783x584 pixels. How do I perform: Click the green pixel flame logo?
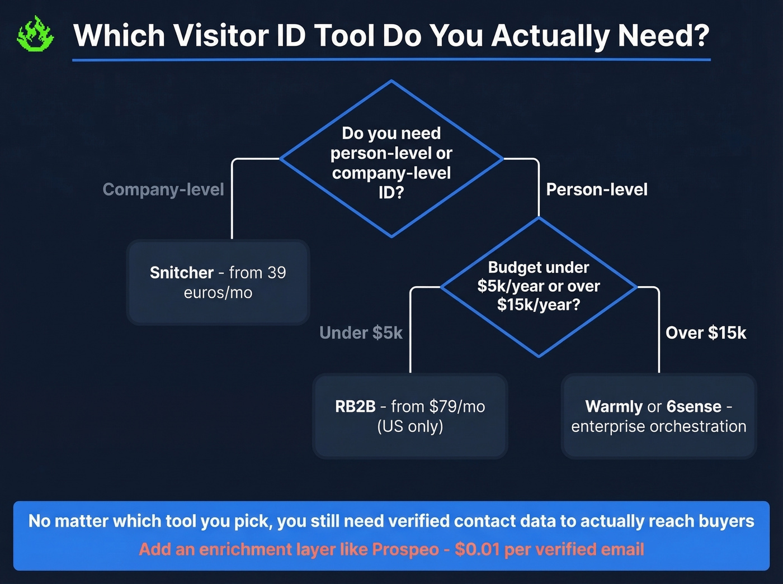[35, 35]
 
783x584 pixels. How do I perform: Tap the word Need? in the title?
[663, 35]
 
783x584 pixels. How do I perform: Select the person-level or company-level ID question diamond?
[391, 162]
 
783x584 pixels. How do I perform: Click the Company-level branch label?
[163, 189]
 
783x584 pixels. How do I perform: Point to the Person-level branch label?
[597, 189]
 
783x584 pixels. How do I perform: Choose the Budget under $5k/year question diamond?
[539, 286]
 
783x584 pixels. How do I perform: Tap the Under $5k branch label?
[361, 333]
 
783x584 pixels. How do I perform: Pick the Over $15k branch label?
[706, 333]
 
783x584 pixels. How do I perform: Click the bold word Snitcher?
[182, 273]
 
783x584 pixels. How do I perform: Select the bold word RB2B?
[355, 406]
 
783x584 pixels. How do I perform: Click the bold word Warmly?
[614, 406]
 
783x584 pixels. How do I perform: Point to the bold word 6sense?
[694, 406]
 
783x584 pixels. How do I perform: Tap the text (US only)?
[410, 426]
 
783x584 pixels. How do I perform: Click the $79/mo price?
[457, 406]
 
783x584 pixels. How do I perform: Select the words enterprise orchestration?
[659, 426]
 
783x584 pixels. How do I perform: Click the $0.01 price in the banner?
[477, 549]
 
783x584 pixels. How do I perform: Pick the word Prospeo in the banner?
[405, 549]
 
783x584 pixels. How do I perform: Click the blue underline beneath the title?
[391, 59]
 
